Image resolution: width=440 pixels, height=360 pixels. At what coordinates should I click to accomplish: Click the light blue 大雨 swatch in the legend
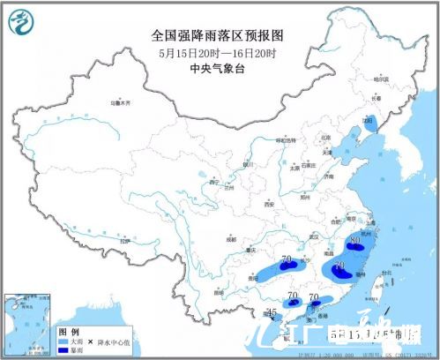(67, 338)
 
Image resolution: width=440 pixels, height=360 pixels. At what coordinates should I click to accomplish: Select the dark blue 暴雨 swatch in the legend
(67, 349)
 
